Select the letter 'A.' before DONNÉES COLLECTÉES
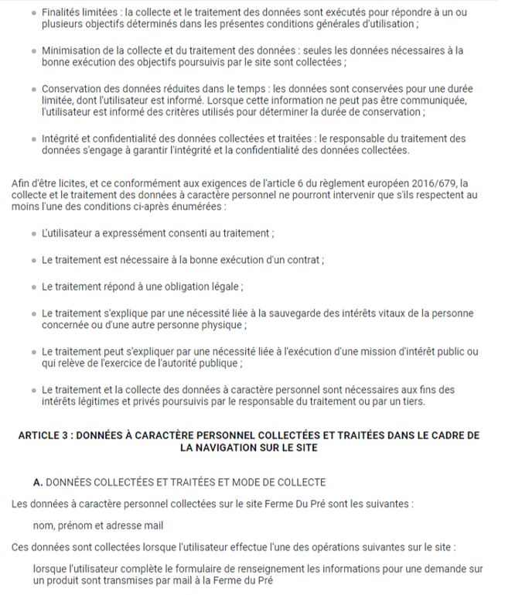[x=38, y=482]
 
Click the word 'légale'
[x=224, y=286]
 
